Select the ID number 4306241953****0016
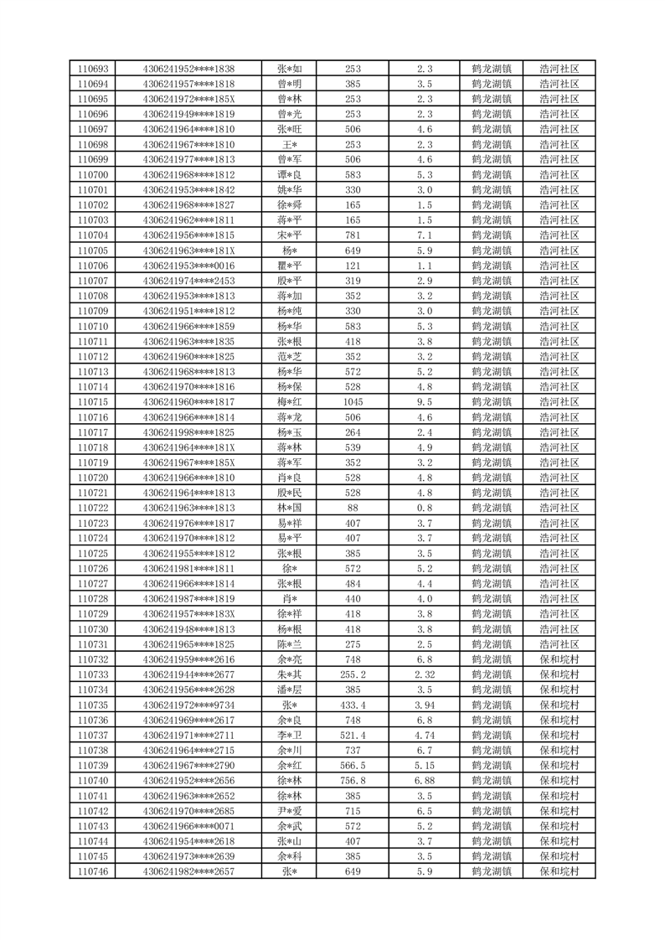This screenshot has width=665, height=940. click(x=188, y=266)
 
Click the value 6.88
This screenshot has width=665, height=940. click(x=424, y=781)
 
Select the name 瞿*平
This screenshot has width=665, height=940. click(x=290, y=266)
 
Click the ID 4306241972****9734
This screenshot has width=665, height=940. click(x=188, y=705)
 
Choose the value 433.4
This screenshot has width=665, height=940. click(x=353, y=705)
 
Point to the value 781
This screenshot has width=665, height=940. click(x=353, y=235)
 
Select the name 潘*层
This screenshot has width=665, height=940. click(x=290, y=690)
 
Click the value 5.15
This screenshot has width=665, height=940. click(x=424, y=766)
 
